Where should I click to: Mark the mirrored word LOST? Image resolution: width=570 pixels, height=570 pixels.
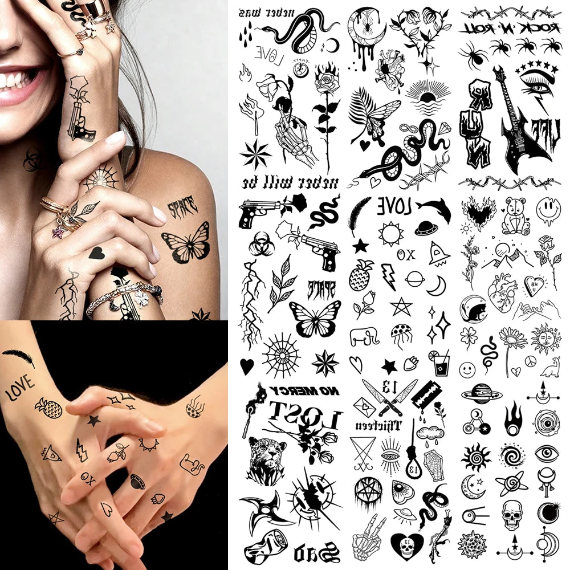click(x=304, y=416)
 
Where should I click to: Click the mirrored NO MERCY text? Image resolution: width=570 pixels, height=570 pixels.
click(x=306, y=390)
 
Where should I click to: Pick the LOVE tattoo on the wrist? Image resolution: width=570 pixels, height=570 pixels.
click(x=20, y=388)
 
